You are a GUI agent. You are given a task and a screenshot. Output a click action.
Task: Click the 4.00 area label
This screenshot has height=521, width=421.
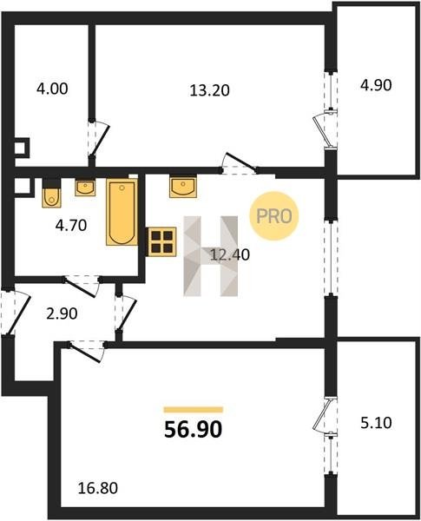tap(52, 89)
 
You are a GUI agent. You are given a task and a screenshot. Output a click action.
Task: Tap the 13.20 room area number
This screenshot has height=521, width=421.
tap(210, 90)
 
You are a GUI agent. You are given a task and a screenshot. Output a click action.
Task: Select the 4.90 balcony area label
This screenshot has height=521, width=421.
tap(376, 85)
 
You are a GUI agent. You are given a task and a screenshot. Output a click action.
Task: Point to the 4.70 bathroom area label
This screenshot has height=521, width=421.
tap(71, 226)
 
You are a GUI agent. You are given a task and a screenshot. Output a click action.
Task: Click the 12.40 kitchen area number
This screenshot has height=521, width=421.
tap(230, 254)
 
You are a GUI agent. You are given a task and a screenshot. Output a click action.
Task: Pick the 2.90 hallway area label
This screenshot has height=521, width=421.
tap(62, 313)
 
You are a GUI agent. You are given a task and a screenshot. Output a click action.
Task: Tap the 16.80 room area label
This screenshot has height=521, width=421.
tap(98, 488)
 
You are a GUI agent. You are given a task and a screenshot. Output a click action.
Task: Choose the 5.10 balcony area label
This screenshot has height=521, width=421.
tap(376, 424)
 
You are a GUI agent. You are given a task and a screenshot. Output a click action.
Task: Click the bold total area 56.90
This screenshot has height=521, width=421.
tap(193, 429)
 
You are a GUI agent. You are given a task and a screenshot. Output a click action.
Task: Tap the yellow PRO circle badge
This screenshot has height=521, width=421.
tap(274, 216)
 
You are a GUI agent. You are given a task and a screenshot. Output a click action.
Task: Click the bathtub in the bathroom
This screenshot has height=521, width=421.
tap(122, 212)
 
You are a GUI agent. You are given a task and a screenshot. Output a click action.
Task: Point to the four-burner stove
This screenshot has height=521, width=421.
tap(161, 241)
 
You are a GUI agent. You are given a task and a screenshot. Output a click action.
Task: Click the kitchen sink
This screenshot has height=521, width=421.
tap(183, 187)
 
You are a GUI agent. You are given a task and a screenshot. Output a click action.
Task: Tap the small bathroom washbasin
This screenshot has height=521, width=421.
tap(85, 188)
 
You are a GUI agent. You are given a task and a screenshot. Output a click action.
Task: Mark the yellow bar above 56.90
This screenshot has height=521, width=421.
tap(193, 410)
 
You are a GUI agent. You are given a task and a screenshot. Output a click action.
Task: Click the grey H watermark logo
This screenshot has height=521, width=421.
tap(211, 256)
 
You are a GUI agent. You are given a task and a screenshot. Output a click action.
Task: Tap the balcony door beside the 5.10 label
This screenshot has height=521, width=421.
tap(324, 415)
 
